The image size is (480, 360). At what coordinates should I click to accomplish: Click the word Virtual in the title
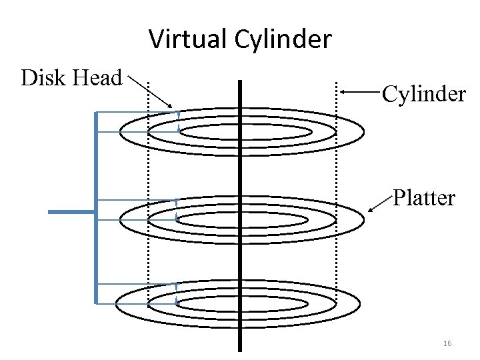189,39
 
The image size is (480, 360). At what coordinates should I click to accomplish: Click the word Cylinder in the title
283,40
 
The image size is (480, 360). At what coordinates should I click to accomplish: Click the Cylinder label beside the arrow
423,94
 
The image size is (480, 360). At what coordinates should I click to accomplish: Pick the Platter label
424,198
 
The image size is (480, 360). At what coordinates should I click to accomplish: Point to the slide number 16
447,343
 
